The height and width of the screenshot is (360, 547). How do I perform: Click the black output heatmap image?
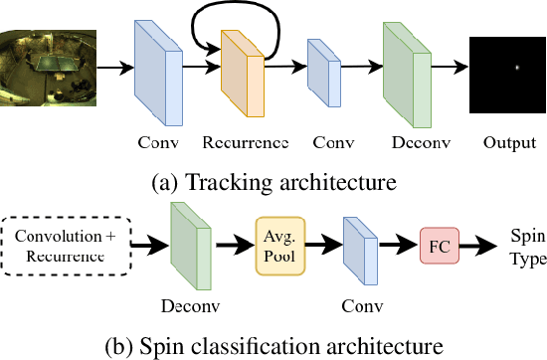(507, 68)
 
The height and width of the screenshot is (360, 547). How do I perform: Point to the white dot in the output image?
(517, 68)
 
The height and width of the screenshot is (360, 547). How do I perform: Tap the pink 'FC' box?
(441, 243)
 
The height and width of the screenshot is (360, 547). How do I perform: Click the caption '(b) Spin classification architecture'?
(273, 346)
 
